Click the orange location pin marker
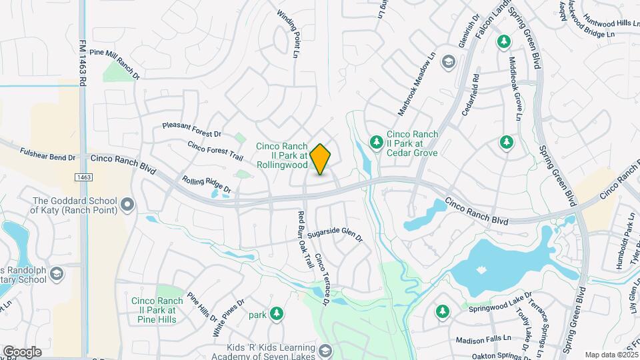click(321, 159)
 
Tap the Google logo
click(22, 352)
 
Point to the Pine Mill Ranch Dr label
click(114, 63)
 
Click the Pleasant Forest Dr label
click(191, 129)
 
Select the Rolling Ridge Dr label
click(207, 184)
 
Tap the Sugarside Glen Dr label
click(337, 233)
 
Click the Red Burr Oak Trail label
click(305, 239)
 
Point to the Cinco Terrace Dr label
click(323, 279)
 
